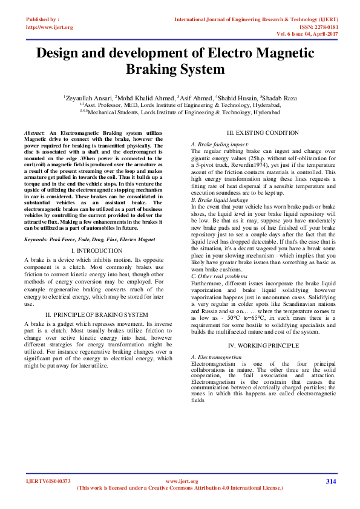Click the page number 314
pyautogui.click(x=330, y=481)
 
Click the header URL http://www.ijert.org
pyautogui.click(x=50, y=27)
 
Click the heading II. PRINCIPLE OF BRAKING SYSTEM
pyautogui.click(x=97, y=315)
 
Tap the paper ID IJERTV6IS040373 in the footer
pyautogui.click(x=48, y=481)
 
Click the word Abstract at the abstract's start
pyautogui.click(x=34, y=132)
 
